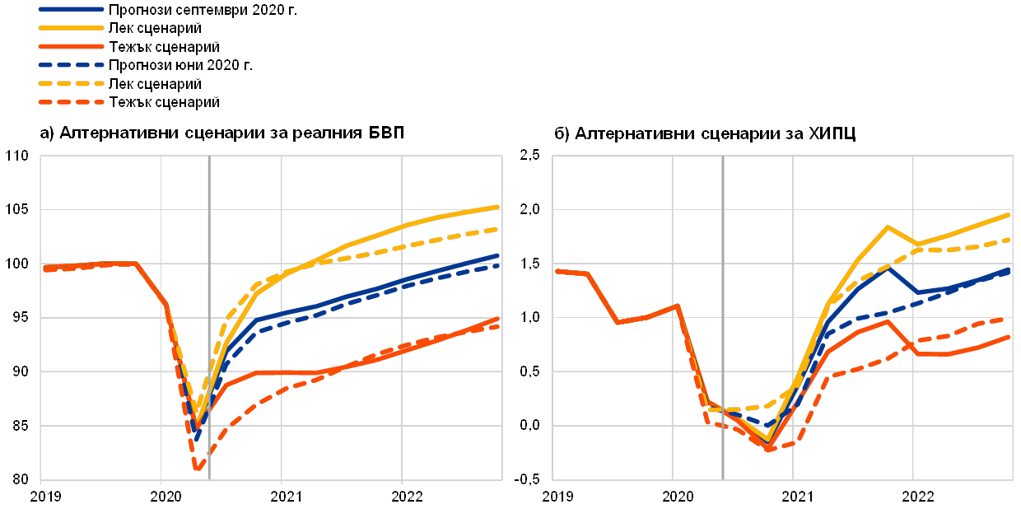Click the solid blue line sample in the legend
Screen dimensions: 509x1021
(72, 11)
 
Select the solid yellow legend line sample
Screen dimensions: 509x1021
(72, 29)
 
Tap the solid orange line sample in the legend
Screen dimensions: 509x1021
(72, 47)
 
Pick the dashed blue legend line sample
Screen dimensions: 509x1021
(72, 65)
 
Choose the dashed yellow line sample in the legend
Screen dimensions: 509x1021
(72, 83)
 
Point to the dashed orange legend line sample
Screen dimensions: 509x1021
(72, 102)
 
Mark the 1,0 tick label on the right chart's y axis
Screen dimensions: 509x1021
(529, 318)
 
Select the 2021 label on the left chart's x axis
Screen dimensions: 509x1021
(282, 496)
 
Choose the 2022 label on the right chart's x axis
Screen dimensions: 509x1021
(914, 496)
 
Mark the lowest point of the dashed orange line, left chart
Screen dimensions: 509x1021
(198, 469)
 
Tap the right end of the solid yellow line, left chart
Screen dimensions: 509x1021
(499, 207)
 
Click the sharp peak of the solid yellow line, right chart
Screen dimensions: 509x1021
(888, 226)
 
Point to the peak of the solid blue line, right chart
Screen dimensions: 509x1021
(888, 269)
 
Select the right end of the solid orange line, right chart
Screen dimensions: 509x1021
(1010, 336)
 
